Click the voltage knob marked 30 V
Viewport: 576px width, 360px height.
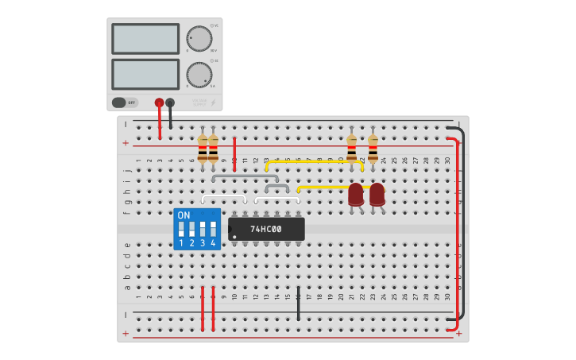tap(199, 38)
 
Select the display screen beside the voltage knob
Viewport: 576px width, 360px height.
tap(145, 38)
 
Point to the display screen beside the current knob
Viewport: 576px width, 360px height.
tap(145, 74)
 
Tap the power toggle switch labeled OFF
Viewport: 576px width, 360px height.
tap(125, 103)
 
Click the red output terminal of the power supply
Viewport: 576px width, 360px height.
tap(159, 103)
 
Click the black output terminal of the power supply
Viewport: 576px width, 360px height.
tap(170, 103)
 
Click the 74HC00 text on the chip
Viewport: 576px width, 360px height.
tap(265, 229)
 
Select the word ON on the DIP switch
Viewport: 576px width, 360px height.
tap(184, 215)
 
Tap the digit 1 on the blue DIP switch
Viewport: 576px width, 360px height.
tap(181, 243)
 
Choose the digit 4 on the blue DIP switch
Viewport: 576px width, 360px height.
tap(213, 243)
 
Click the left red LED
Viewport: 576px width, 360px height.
tap(356, 194)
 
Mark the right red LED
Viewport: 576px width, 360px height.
tap(377, 194)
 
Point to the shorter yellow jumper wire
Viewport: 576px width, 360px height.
tap(322, 188)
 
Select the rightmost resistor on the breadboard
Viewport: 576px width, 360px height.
tap(373, 148)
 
